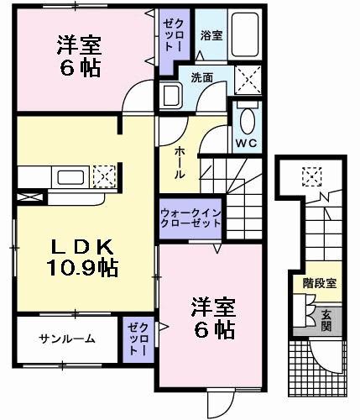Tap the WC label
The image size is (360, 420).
tap(248, 141)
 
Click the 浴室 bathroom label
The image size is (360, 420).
tap(211, 35)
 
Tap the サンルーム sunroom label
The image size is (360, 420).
tap(66, 339)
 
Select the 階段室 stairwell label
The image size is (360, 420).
tap(320, 283)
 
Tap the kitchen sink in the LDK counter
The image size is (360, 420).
tap(65, 177)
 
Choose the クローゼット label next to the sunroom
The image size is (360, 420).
tap(137, 338)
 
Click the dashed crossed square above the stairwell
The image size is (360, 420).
tap(311, 176)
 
